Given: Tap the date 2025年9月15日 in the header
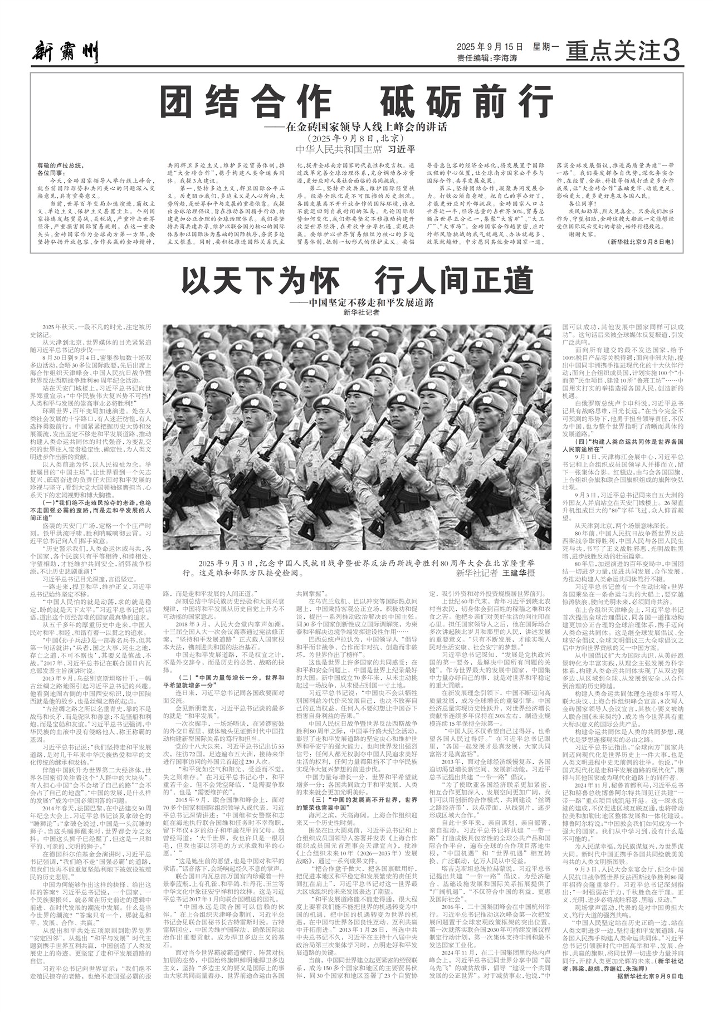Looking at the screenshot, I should [490, 47].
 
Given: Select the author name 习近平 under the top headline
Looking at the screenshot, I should [402, 149].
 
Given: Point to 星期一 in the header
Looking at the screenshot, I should [545, 47].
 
